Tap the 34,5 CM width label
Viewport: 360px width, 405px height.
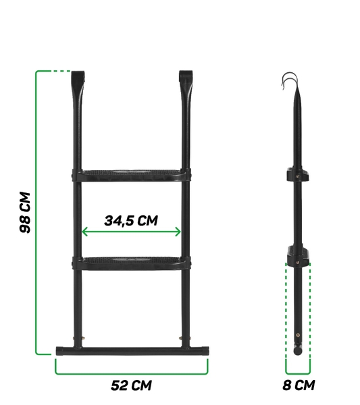pos(131,220)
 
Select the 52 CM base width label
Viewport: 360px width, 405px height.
pos(131,385)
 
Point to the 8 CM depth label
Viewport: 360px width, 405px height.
pos(299,385)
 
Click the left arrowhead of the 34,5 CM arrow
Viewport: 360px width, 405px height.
pos(84,232)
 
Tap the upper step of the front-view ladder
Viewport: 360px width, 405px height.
pos(131,175)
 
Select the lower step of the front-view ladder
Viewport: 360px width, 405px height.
pos(131,262)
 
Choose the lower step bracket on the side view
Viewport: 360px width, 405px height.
pos(298,255)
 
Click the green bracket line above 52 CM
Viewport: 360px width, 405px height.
pos(131,372)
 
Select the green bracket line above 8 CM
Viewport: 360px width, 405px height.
pos(298,372)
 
